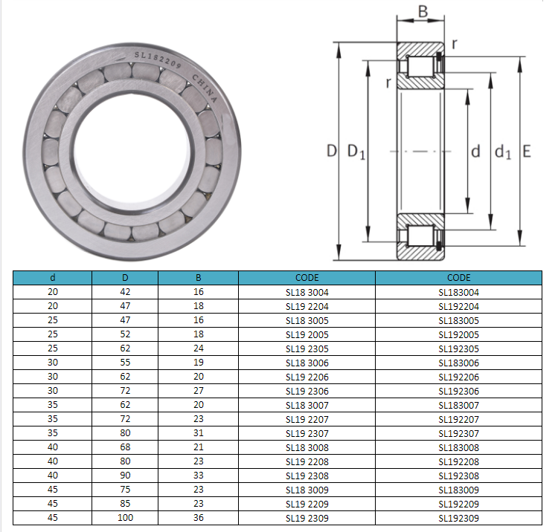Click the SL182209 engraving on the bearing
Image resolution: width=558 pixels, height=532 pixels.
[x=158, y=59]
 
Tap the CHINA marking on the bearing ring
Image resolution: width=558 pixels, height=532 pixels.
[x=205, y=88]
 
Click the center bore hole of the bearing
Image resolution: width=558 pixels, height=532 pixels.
[x=132, y=152]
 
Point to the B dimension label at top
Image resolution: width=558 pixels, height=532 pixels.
[x=423, y=11]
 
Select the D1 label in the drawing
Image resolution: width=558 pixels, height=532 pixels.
[x=356, y=152]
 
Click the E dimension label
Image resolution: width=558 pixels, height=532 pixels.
[x=527, y=152]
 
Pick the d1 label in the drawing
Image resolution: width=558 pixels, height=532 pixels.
[x=503, y=152]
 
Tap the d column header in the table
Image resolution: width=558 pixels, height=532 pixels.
[x=53, y=278]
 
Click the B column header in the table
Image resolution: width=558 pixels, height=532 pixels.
[x=198, y=278]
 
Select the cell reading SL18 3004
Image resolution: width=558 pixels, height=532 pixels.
[x=307, y=292]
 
